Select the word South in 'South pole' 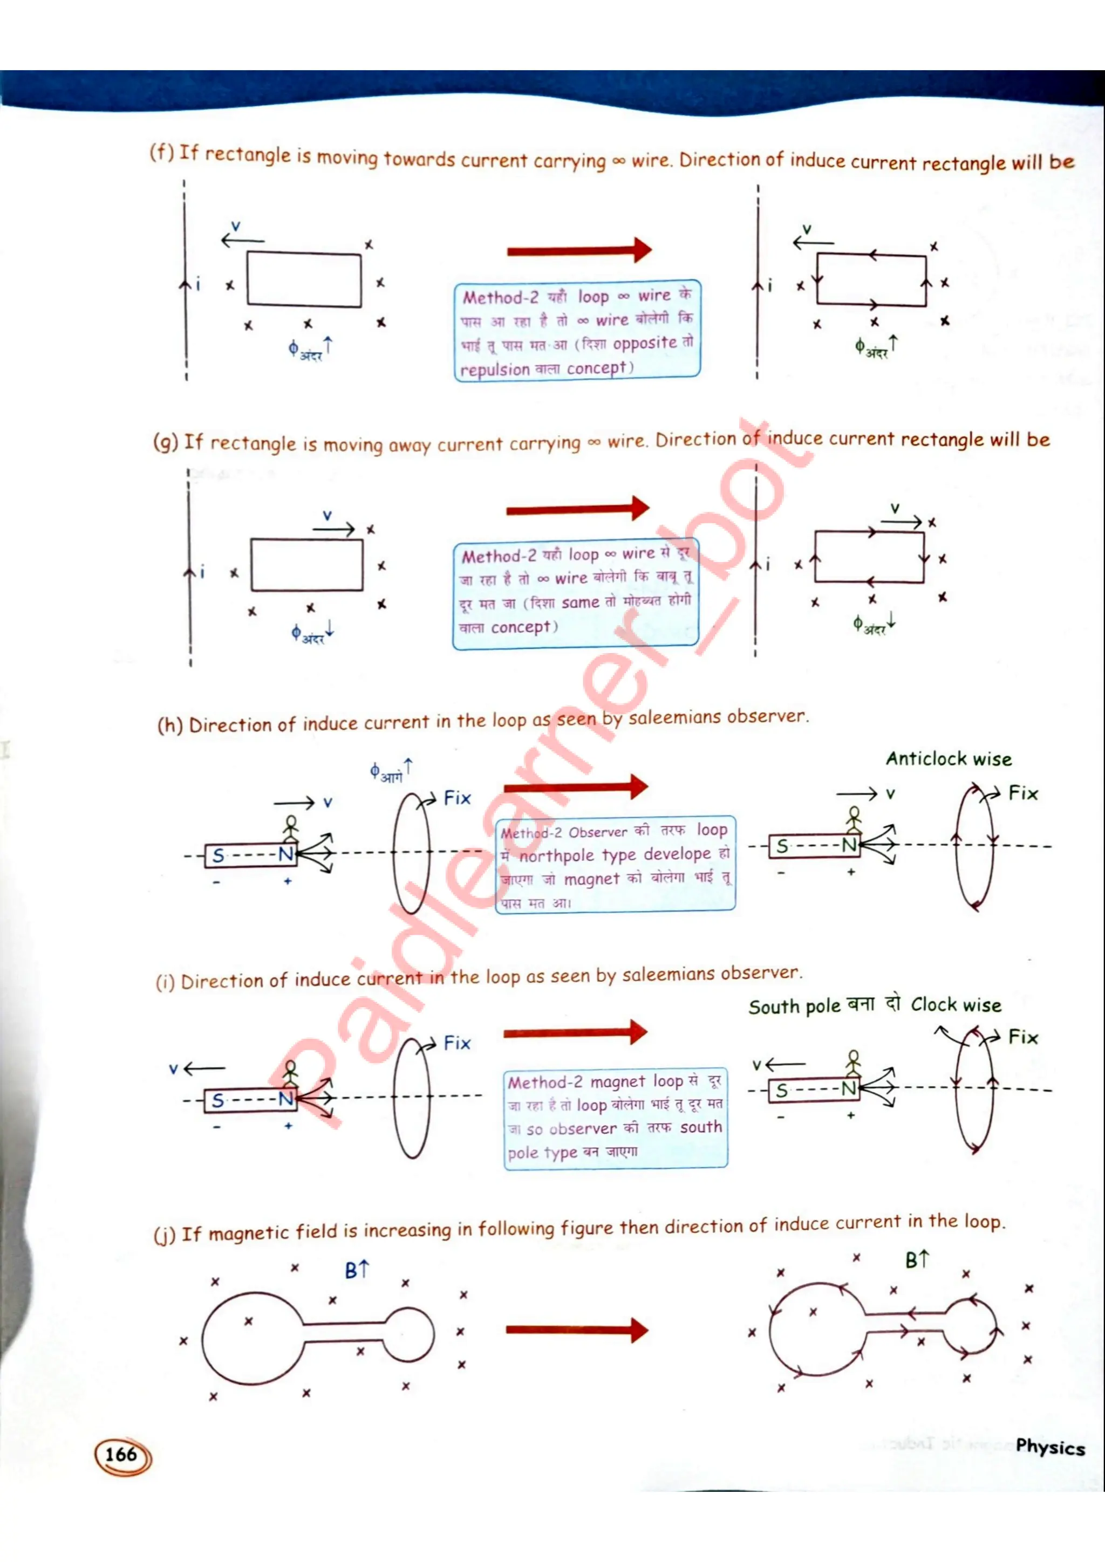point(772,1007)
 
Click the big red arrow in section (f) point(578,250)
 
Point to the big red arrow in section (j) point(576,1330)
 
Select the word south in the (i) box point(700,1127)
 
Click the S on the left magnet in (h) point(219,855)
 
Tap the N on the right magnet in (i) point(847,1089)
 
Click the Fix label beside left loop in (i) point(456,1043)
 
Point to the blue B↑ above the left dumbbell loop point(356,1270)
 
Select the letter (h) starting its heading point(169,725)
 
